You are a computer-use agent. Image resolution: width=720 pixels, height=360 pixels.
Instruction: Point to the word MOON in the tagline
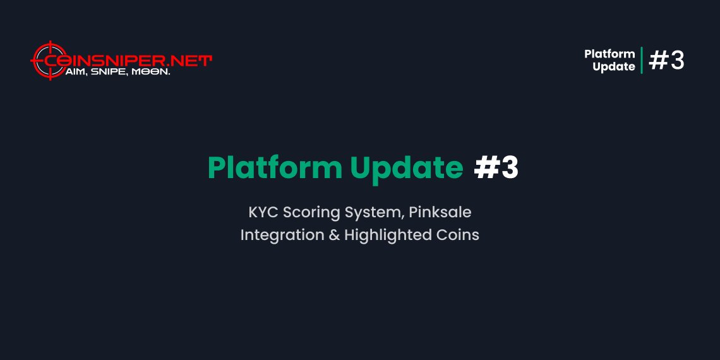(x=150, y=73)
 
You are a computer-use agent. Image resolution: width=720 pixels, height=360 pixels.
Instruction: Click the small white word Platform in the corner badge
(x=609, y=54)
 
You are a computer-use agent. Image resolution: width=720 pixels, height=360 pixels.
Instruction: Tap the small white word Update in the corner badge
(x=614, y=67)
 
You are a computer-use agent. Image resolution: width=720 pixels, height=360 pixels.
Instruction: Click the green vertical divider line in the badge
(x=642, y=61)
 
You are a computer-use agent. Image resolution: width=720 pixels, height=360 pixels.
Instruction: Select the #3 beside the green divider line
(x=667, y=61)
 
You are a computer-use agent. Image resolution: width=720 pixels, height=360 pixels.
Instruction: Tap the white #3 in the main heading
(x=496, y=168)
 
